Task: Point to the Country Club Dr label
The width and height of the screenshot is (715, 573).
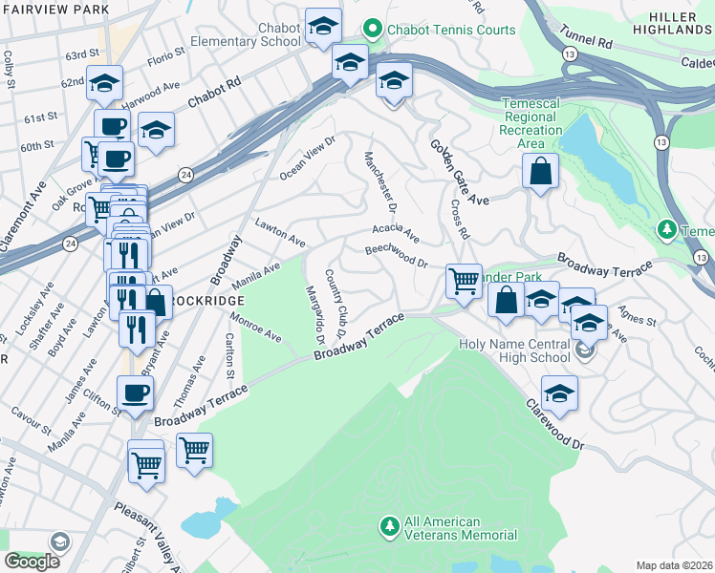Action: [x=335, y=303]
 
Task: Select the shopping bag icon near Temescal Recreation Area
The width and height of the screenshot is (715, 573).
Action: [x=540, y=172]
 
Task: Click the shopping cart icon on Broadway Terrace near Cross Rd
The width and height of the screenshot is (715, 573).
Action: [x=464, y=281]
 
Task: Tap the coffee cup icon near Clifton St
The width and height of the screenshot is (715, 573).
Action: [x=135, y=392]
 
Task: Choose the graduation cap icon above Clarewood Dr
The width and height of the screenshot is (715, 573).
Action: [x=559, y=393]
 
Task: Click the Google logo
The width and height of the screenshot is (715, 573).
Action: [x=32, y=562]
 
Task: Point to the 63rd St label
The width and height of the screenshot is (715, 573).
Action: [x=81, y=53]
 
